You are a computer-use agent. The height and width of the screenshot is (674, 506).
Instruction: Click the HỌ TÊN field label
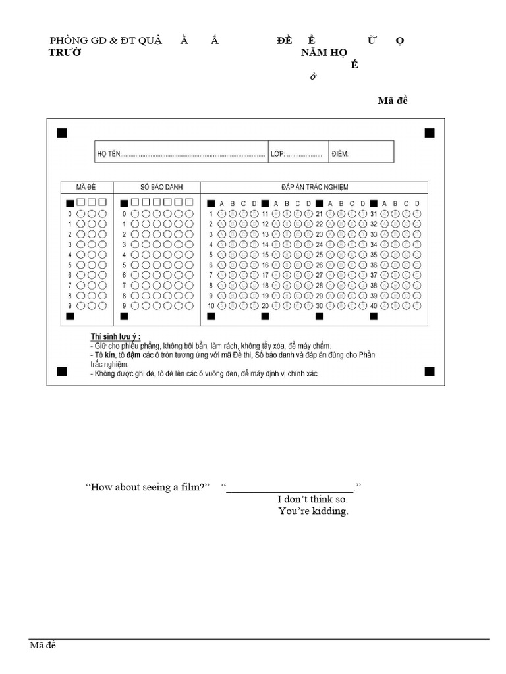pyautogui.click(x=109, y=155)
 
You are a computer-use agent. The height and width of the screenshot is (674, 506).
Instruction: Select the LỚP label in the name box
pyautogui.click(x=277, y=155)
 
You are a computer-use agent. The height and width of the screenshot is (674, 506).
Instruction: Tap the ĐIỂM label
pyautogui.click(x=340, y=155)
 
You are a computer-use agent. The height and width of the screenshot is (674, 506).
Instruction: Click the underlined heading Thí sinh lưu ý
pyautogui.click(x=115, y=336)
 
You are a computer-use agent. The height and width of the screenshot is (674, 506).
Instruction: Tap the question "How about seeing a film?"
pyautogui.click(x=147, y=487)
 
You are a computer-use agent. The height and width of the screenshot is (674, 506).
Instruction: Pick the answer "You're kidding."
pyautogui.click(x=313, y=511)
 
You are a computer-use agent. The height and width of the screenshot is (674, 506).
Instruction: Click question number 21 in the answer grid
pyautogui.click(x=320, y=213)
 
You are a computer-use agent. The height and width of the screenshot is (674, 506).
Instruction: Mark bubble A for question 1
pyautogui.click(x=222, y=213)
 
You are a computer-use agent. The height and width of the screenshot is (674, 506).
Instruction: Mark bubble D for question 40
pyautogui.click(x=416, y=306)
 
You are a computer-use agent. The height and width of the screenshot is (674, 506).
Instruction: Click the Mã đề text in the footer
pyautogui.click(x=43, y=645)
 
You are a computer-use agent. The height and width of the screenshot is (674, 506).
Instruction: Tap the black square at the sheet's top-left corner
pyautogui.click(x=62, y=133)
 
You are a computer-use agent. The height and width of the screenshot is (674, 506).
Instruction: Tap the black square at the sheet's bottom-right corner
pyautogui.click(x=430, y=372)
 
